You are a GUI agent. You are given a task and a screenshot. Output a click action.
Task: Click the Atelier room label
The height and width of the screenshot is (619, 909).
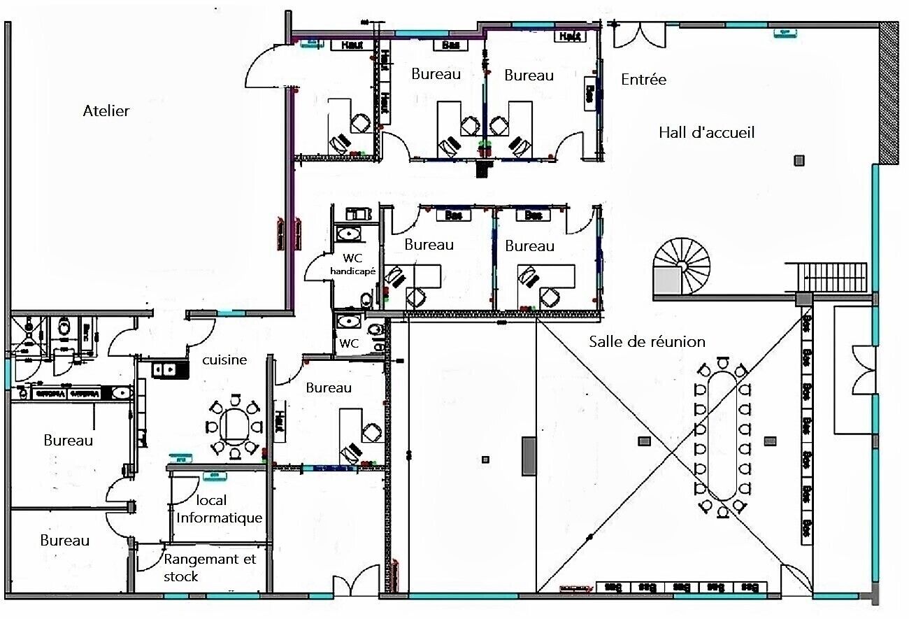pos(106,111)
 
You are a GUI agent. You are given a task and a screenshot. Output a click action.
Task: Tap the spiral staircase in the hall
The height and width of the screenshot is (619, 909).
pos(682,266)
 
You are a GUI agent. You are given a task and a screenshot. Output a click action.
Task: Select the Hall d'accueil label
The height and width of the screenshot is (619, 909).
pos(706,132)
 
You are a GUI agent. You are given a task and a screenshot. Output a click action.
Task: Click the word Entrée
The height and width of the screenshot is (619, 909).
pos(643,80)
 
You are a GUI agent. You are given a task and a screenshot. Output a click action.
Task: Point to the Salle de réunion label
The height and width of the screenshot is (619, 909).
pos(647,342)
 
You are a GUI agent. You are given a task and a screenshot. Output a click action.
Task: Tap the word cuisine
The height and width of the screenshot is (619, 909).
pos(224,360)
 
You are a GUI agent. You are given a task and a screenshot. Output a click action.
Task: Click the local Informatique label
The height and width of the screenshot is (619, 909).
pos(220,510)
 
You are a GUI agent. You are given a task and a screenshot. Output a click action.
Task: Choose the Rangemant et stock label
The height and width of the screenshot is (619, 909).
pos(210,568)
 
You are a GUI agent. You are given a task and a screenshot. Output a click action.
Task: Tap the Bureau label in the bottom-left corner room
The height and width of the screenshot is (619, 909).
pos(64,541)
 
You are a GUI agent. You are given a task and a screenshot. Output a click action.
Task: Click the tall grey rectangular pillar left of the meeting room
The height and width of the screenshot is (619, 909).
pos(529,456)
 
